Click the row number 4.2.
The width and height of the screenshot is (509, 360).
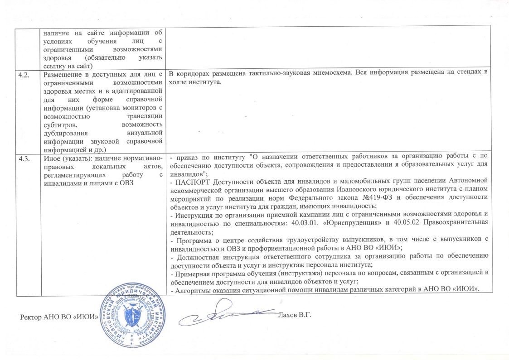(x=24, y=74)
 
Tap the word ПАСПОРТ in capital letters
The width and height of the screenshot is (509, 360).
(x=188, y=181)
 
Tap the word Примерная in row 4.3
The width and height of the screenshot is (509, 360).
(x=190, y=273)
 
